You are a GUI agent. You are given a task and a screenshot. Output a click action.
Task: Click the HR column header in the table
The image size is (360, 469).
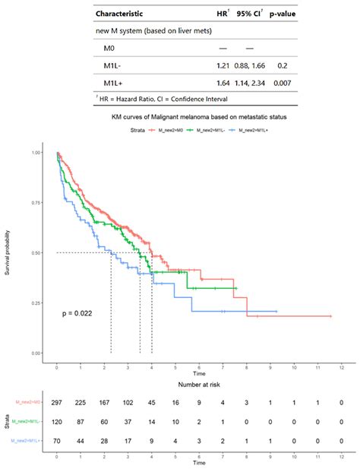pos(221,14)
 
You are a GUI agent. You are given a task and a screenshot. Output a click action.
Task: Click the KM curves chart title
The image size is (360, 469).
pos(197,119)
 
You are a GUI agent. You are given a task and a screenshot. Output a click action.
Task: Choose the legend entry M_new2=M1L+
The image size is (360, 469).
pos(251,131)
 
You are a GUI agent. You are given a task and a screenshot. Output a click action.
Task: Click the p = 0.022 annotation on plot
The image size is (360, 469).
pos(77,312)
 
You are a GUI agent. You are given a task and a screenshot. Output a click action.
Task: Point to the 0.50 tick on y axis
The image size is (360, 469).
pos(36,253)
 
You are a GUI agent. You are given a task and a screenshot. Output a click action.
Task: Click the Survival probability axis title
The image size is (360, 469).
pos(8,253)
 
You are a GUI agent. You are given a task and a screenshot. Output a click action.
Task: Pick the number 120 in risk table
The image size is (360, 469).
pos(57,421)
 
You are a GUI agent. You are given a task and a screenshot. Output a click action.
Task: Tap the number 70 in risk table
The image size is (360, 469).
pos(57,439)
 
